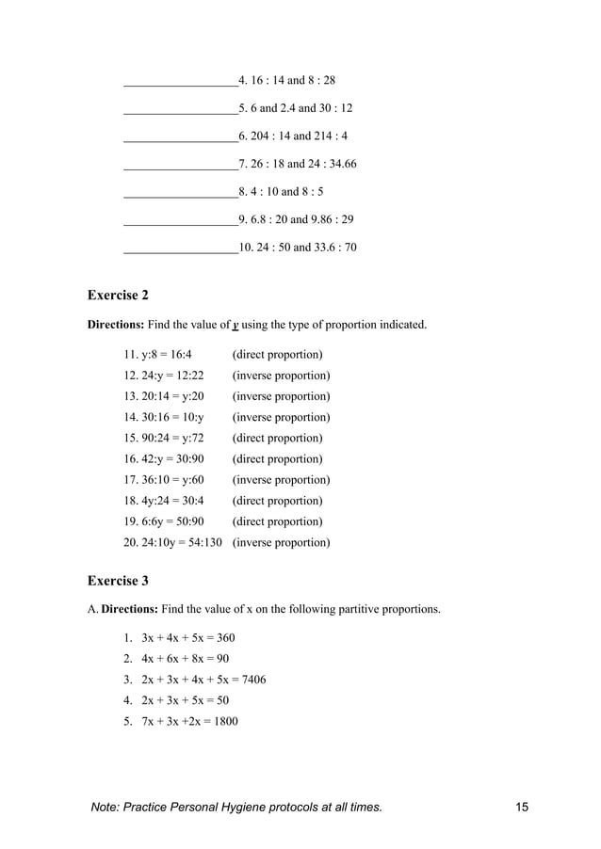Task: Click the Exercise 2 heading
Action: click(x=118, y=296)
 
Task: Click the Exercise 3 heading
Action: click(x=118, y=580)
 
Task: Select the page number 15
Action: click(x=523, y=808)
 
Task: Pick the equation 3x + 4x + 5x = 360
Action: click(x=187, y=638)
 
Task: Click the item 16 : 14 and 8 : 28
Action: click(x=287, y=81)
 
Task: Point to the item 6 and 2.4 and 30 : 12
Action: click(x=296, y=108)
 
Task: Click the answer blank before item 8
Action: click(x=180, y=193)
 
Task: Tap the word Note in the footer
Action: click(x=106, y=808)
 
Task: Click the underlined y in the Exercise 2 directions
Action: click(x=235, y=326)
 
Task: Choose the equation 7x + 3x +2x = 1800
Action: click(x=189, y=722)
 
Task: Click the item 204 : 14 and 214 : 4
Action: click(x=294, y=136)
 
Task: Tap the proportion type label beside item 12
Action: click(x=281, y=376)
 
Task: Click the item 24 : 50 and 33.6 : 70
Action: click(x=298, y=248)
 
